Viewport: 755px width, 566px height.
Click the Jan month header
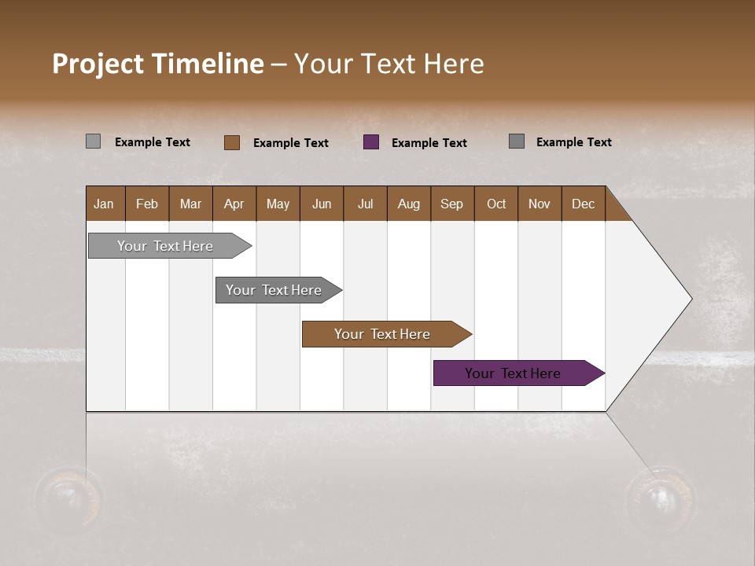pyautogui.click(x=105, y=204)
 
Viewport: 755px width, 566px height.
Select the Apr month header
pyautogui.click(x=234, y=204)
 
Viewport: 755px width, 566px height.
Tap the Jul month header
pyautogui.click(x=365, y=204)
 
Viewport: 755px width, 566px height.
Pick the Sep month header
pyautogui.click(x=451, y=204)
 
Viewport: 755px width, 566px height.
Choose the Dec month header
pyautogui.click(x=583, y=204)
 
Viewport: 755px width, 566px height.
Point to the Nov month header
pyautogui.click(x=539, y=204)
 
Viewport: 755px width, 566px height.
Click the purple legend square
pyautogui.click(x=371, y=141)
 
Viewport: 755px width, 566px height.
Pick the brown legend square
pyautogui.click(x=232, y=142)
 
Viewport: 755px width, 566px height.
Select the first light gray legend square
pyautogui.click(x=93, y=141)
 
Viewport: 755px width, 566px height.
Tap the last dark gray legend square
pyautogui.click(x=517, y=141)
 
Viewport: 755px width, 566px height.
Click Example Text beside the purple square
pyautogui.click(x=429, y=143)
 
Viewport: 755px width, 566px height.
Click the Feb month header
pyautogui.click(x=147, y=204)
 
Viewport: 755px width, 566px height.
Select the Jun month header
pyautogui.click(x=321, y=204)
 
